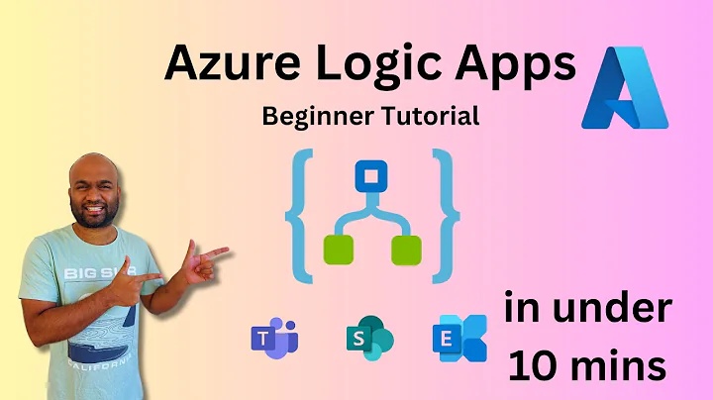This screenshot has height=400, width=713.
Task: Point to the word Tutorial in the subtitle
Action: [432, 116]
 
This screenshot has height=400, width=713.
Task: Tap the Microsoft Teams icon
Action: [273, 339]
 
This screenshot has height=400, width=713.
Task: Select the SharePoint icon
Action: [368, 339]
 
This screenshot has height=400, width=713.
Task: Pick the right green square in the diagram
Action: [406, 250]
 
